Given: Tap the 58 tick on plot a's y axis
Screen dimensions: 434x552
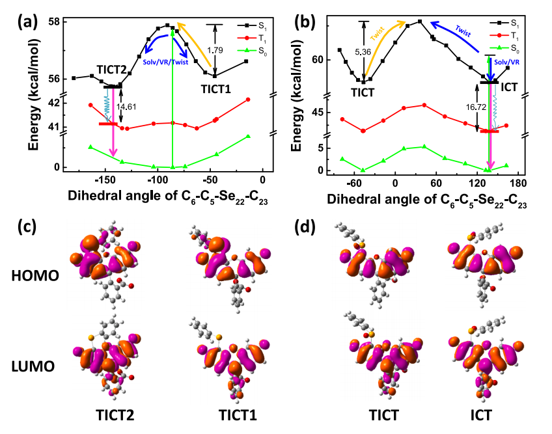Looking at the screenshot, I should [x=52, y=22].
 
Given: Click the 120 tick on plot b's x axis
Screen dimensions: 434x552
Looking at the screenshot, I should [x=466, y=182].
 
